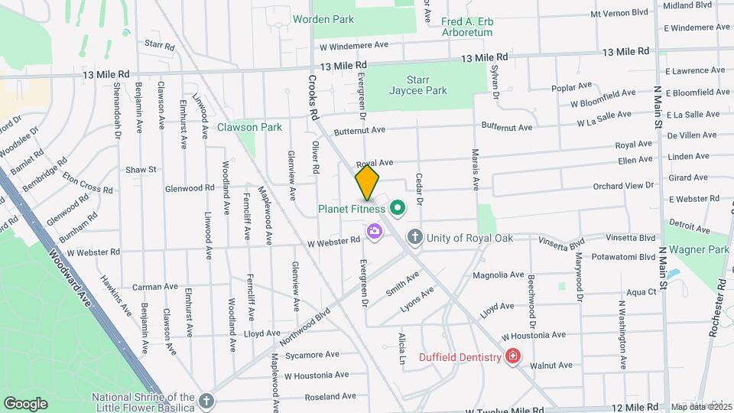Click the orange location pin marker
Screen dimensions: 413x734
[x=367, y=183]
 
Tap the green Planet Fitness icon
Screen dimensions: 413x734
[x=397, y=208]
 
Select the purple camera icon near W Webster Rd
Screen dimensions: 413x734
[x=374, y=231]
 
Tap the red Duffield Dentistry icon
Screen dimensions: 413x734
[x=512, y=356]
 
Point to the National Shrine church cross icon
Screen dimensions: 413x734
[x=206, y=400]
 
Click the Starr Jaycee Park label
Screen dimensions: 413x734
[x=427, y=85]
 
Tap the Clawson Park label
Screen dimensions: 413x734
[x=249, y=127]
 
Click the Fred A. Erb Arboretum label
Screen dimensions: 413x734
[x=467, y=28]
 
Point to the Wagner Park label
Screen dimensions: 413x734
[x=699, y=249]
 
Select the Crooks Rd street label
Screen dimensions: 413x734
[x=313, y=96]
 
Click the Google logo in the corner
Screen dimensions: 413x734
[x=25, y=403]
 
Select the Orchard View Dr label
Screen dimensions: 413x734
[x=623, y=186]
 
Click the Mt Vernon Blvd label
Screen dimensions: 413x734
[x=620, y=13]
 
